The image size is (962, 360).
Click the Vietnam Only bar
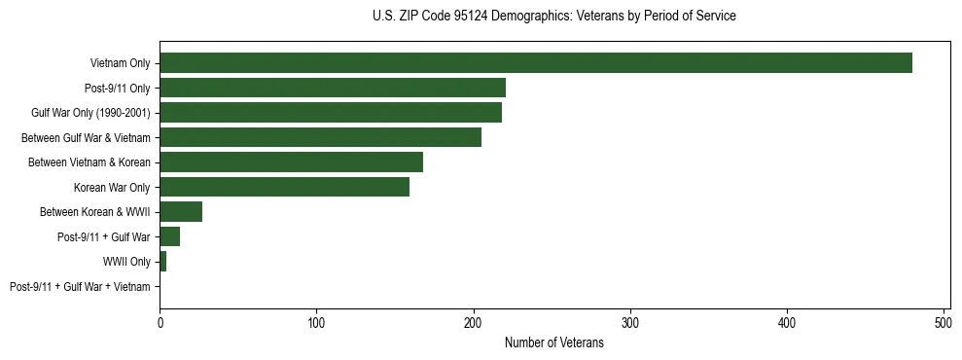(536, 63)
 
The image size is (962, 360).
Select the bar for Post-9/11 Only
(333, 88)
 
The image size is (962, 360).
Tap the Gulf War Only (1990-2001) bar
(331, 113)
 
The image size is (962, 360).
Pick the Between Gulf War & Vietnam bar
(320, 137)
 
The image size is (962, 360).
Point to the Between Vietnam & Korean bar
(291, 162)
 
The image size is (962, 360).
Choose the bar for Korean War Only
(284, 187)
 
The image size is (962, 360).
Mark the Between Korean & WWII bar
(181, 212)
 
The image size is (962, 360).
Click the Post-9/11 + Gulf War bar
(169, 236)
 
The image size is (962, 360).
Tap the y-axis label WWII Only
(126, 262)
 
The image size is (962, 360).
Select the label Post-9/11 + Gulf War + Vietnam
(80, 287)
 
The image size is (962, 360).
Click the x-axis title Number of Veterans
(554, 342)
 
